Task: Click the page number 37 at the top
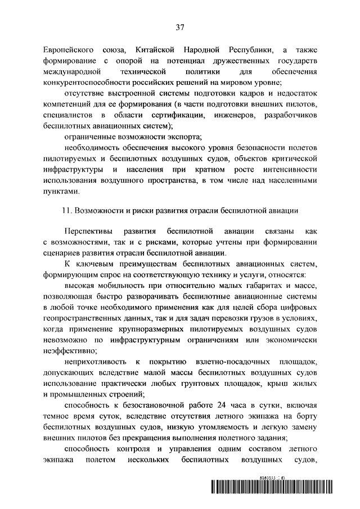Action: (180, 27)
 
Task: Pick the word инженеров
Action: (234, 114)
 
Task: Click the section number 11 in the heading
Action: (66, 210)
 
